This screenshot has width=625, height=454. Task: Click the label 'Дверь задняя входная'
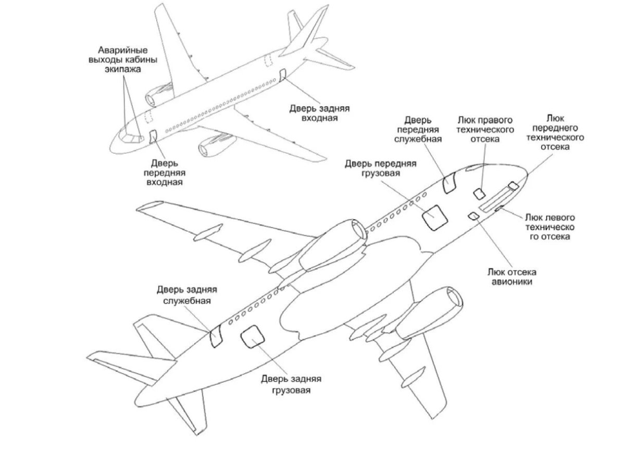pos(319,113)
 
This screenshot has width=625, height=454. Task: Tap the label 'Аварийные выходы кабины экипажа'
pos(123,59)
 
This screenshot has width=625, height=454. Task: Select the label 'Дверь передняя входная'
pos(165,173)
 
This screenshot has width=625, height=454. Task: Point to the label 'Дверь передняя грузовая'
pos(381,168)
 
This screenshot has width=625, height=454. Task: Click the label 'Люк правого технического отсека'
pos(485,130)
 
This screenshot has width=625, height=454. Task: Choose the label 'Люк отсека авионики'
pos(512,276)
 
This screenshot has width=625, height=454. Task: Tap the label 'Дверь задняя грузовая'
pos(291,384)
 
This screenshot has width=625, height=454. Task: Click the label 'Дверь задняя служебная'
pos(186,295)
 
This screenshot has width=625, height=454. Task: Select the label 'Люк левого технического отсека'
pos(550,227)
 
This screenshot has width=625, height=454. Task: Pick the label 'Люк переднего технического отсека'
pos(555,132)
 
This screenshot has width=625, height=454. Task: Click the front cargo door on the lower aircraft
pos(434,218)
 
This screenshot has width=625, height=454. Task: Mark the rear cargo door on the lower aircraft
pos(253,336)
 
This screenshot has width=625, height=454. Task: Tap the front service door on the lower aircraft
pos(449,183)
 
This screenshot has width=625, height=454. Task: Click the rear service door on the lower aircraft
pos(216,336)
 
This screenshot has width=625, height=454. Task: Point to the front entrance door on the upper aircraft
pos(153,136)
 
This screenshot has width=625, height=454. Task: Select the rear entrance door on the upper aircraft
pos(282,75)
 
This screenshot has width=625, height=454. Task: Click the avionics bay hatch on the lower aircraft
pos(473,216)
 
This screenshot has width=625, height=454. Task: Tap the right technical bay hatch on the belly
pos(479,194)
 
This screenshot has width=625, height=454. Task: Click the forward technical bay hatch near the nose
pos(514,186)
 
